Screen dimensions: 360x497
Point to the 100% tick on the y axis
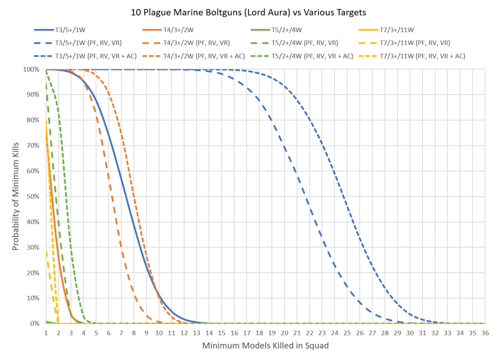pos(32,69)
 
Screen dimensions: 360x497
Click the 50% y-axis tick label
pos(33,196)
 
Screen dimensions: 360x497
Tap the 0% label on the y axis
pos(35,324)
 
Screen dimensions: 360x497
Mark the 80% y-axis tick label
pos(33,120)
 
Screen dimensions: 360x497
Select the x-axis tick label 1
pos(46,333)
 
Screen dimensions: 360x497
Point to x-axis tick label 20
pos(284,333)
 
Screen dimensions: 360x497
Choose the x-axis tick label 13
pos(196,333)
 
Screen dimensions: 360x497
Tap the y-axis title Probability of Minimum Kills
pos(16,196)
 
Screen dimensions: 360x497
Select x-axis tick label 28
pos(384,333)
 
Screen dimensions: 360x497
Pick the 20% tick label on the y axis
pos(33,273)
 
